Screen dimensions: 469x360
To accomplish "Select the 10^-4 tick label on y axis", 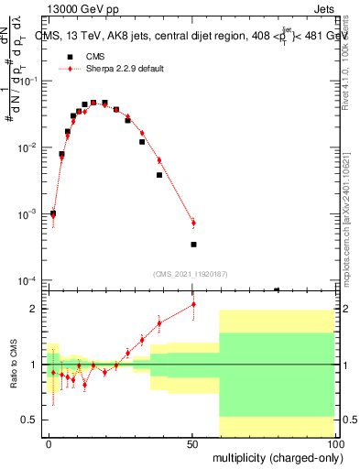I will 27,280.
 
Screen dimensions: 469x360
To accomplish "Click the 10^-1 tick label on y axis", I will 27,82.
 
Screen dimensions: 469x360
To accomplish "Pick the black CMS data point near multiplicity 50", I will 193,245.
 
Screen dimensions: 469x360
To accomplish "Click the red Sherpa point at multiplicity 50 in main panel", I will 193,223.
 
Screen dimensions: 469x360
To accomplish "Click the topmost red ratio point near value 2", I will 193,304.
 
